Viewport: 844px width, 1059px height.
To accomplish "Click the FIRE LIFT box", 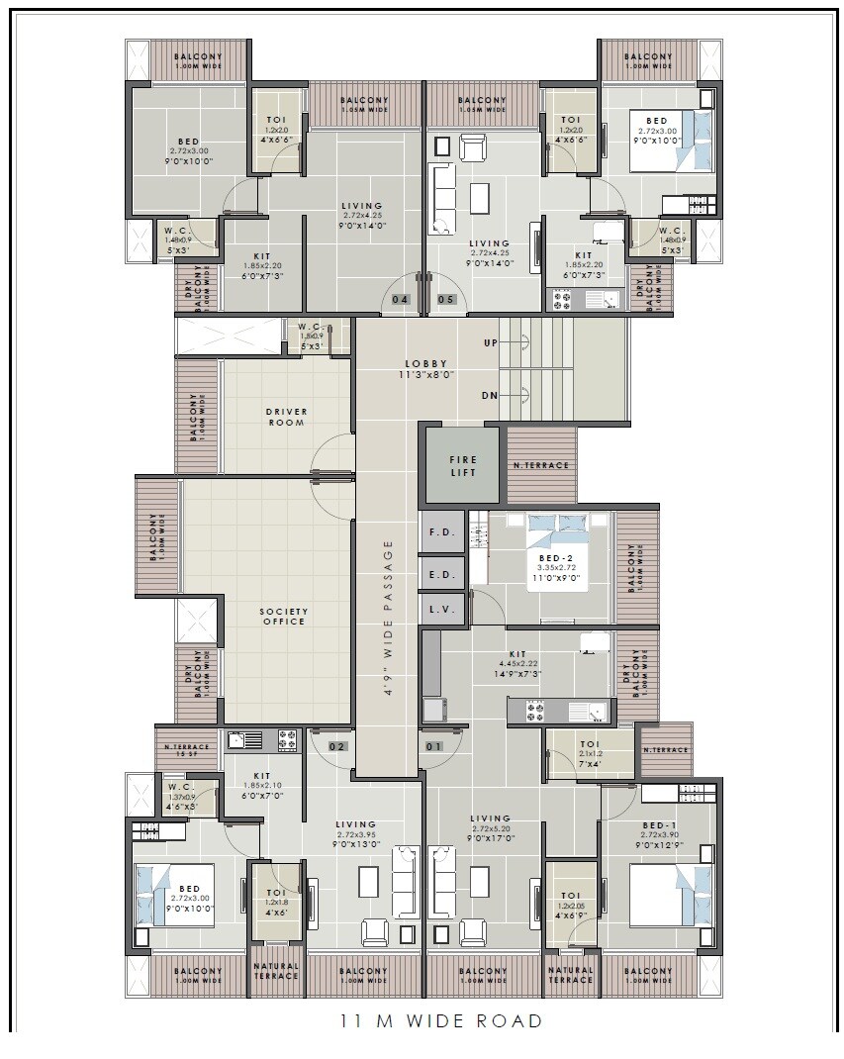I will (x=462, y=466).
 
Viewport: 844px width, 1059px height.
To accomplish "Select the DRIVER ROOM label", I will (x=285, y=417).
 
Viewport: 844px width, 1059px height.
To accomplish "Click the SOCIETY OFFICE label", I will (x=284, y=616).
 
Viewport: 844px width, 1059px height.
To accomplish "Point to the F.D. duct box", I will (x=440, y=532).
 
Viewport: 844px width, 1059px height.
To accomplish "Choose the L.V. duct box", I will (x=441, y=610).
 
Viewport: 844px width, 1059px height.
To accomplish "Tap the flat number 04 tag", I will (x=401, y=299).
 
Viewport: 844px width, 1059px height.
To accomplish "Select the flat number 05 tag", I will (x=445, y=299).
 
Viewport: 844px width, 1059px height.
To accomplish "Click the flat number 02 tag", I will (x=337, y=746).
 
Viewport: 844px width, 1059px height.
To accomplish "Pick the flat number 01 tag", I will (x=433, y=746).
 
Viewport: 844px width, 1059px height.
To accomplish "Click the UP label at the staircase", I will (x=491, y=342).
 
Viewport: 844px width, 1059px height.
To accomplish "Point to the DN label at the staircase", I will (x=490, y=395).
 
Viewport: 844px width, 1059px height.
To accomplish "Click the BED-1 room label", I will (x=659, y=825).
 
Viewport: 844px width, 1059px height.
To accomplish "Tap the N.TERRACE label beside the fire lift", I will (x=540, y=465).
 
